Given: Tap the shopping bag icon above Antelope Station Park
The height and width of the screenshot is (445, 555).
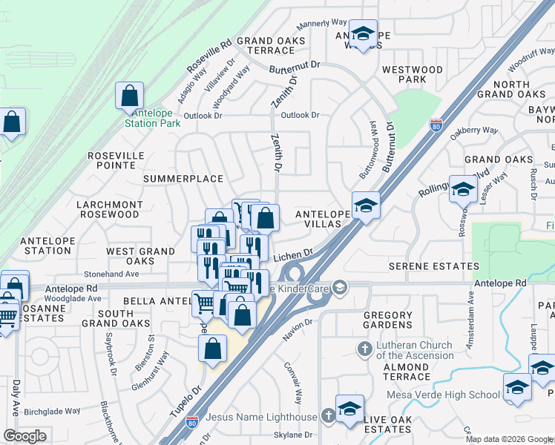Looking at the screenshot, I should (130, 96).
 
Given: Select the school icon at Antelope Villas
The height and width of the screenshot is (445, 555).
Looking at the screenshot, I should (366, 205).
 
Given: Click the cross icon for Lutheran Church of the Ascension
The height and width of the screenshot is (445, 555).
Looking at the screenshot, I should (364, 348).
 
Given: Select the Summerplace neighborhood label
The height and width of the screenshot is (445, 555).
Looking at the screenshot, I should (183, 179).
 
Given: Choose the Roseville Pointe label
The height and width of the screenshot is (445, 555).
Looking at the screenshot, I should (116, 160).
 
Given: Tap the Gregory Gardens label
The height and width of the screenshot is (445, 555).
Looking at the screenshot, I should (388, 320).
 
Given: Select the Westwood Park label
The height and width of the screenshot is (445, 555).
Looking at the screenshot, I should (413, 74).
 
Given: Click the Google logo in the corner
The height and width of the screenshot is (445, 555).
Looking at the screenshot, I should (25, 435).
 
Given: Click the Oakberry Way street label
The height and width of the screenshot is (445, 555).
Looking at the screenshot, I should (473, 130).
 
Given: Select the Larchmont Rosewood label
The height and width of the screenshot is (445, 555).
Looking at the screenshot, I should (108, 209).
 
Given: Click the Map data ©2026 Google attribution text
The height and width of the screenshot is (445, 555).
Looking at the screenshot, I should (509, 439).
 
